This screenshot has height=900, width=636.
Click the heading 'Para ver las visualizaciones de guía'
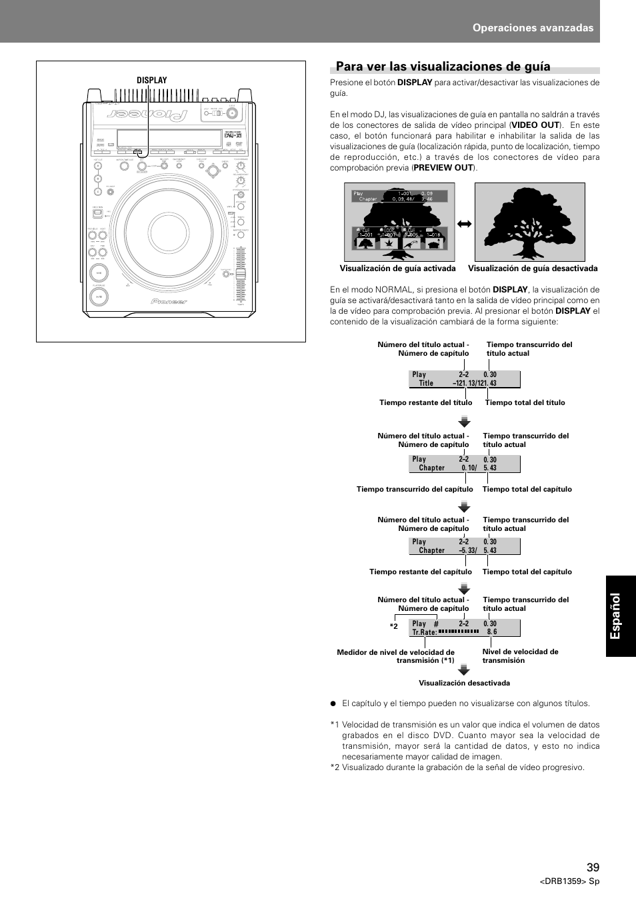[443, 67]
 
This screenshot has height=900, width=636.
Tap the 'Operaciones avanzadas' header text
[533, 28]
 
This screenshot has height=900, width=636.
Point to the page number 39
[593, 867]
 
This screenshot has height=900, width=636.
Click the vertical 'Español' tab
[620, 616]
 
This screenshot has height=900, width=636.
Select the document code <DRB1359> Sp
[569, 881]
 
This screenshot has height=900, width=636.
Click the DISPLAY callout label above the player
[152, 81]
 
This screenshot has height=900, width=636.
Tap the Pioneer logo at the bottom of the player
[169, 301]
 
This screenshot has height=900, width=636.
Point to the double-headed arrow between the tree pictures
[465, 224]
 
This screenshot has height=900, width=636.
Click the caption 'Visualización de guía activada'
[397, 269]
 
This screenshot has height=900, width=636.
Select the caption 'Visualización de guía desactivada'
[533, 269]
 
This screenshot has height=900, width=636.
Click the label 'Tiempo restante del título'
[425, 403]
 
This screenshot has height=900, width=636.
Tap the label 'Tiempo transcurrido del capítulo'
[415, 490]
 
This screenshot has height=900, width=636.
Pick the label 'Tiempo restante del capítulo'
[420, 572]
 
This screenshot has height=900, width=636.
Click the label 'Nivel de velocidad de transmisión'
[520, 656]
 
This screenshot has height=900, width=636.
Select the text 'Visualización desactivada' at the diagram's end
[464, 683]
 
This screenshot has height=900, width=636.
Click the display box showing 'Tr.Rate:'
[464, 628]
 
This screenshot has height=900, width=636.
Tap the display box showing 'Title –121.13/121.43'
[464, 379]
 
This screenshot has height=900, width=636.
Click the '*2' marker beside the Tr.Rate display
[394, 627]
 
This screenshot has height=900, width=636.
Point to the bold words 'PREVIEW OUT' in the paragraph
[443, 168]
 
